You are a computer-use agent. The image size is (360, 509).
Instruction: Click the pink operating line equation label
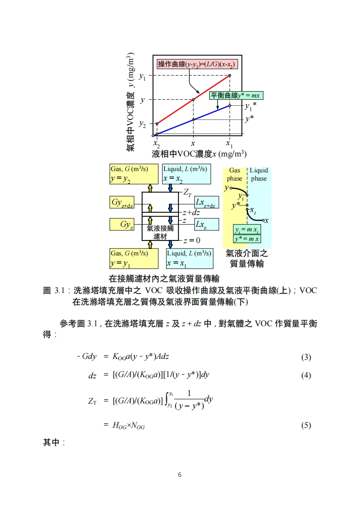click(197, 64)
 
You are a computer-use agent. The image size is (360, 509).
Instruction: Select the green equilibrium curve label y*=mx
click(236, 96)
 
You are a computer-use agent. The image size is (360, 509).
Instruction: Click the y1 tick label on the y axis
click(143, 76)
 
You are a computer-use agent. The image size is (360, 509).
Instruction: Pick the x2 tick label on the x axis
click(157, 144)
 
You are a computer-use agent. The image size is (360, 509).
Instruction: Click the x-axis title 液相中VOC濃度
click(199, 154)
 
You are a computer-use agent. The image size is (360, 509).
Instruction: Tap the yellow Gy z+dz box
click(122, 203)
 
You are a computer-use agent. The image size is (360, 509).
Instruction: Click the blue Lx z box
click(206, 224)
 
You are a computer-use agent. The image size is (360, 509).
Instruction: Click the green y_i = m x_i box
click(247, 230)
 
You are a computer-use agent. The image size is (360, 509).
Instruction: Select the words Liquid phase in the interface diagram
click(259, 175)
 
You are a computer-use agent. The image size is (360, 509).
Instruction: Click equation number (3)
click(306, 357)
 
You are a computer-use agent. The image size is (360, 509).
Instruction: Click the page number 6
click(180, 475)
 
